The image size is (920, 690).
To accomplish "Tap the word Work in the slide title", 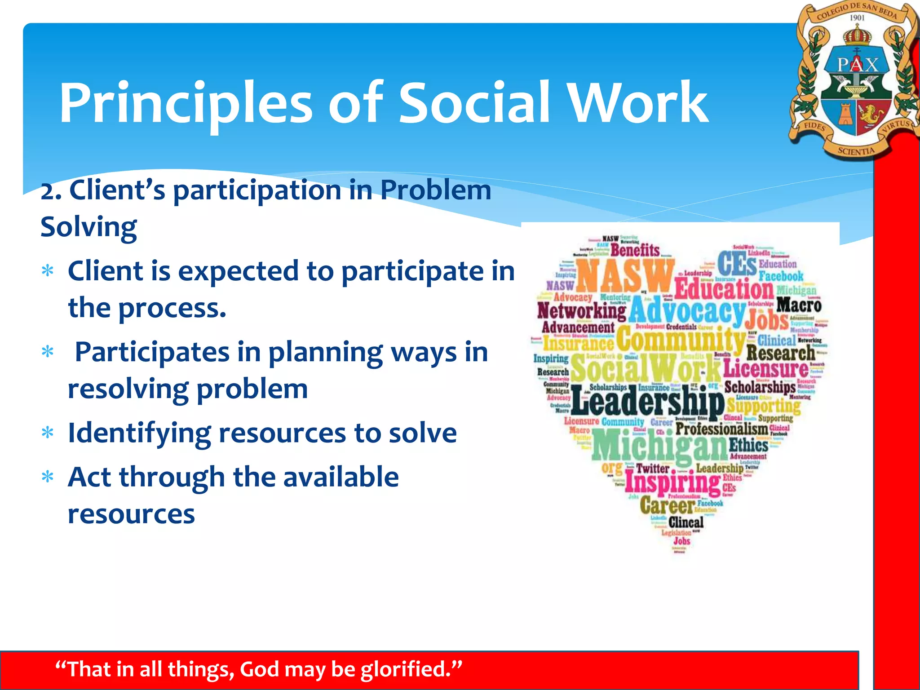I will click(x=638, y=103).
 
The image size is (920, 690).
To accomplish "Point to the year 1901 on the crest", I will click(x=857, y=18).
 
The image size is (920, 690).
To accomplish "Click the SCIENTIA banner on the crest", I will click(x=856, y=151).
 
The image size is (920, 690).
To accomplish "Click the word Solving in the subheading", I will click(x=88, y=227).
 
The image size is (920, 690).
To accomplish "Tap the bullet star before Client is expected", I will click(x=47, y=271).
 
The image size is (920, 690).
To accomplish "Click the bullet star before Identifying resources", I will click(x=47, y=433).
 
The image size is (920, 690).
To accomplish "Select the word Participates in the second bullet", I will click(x=152, y=352).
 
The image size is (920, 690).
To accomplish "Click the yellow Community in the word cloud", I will click(x=680, y=340).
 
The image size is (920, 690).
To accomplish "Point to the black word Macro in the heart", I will click(x=799, y=305).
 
